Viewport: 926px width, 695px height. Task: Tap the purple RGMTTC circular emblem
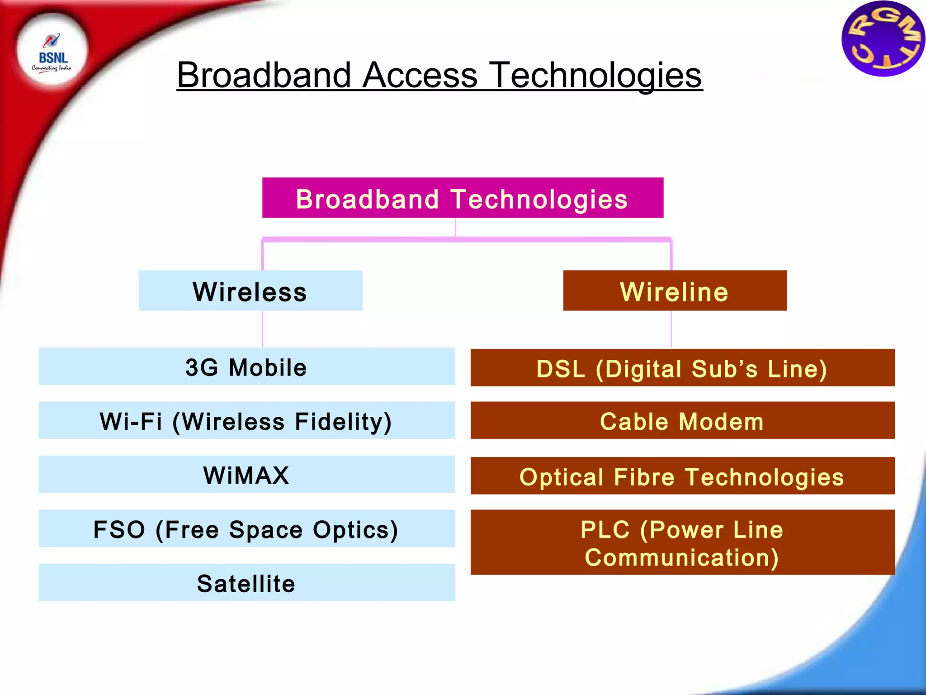[883, 39]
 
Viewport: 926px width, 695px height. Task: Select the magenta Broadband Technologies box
[463, 198]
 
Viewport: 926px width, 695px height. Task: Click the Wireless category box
[250, 291]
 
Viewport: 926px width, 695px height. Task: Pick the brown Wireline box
[675, 291]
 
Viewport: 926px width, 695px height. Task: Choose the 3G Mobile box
[246, 367]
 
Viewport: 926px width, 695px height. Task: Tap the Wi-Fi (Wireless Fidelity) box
[246, 421]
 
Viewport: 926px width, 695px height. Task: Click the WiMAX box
[246, 475]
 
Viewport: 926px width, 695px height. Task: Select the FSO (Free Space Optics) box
[246, 529]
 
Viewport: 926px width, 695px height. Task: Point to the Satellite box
[246, 583]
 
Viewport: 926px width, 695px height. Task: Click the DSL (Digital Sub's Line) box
[682, 368]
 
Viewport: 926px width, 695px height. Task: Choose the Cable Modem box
[682, 421]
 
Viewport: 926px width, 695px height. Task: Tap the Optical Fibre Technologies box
[682, 476]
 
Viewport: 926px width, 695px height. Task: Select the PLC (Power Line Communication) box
[682, 543]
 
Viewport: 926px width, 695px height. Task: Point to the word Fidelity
[343, 421]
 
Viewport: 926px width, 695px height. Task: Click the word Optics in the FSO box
[355, 529]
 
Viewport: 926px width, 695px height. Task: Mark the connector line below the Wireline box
[671, 329]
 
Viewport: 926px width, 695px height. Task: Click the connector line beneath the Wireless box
[262, 329]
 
